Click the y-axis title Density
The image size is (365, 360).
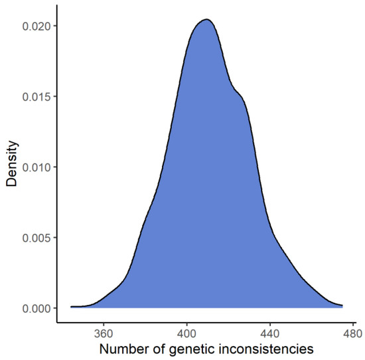tap(13, 167)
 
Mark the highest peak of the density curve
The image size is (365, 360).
tap(206, 19)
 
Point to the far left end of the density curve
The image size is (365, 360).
tap(71, 307)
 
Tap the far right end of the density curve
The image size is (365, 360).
tap(342, 306)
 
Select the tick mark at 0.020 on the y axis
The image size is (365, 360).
tap(54, 26)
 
